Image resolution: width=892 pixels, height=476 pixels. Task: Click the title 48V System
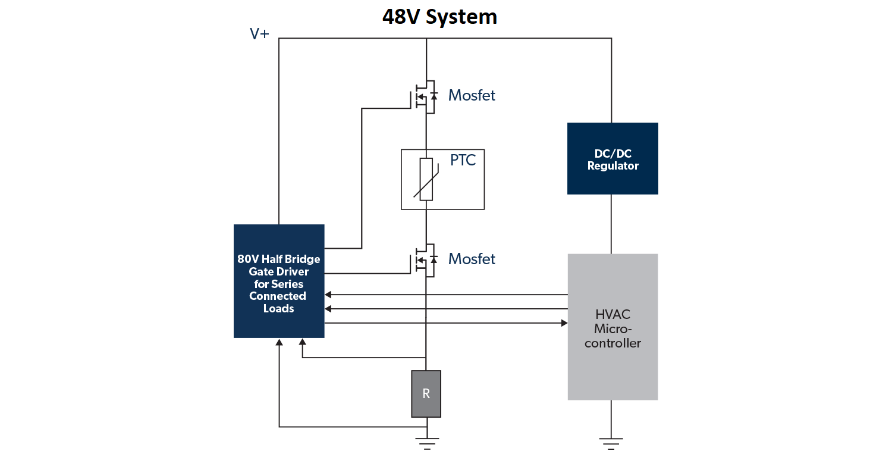(x=439, y=17)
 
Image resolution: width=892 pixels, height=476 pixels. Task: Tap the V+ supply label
(x=259, y=34)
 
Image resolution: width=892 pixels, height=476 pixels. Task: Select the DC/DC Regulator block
(x=613, y=158)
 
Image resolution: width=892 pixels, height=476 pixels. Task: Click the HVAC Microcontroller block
(x=613, y=327)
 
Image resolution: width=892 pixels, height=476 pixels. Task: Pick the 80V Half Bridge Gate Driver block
(x=279, y=281)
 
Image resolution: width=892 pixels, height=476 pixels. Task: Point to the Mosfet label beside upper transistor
(x=472, y=95)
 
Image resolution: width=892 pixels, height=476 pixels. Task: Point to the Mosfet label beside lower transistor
(x=472, y=259)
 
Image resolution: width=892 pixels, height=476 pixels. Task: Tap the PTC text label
(x=463, y=161)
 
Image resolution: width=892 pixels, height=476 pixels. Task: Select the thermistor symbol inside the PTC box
(x=426, y=180)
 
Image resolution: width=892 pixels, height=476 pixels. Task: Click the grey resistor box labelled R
(x=426, y=393)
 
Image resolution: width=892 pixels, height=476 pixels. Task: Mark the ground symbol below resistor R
(x=426, y=443)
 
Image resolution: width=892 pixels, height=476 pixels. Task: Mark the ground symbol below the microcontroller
(x=611, y=443)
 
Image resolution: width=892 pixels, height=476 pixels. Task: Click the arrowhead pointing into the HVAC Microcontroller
(x=564, y=323)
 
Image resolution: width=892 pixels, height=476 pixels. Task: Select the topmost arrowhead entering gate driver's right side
(x=328, y=295)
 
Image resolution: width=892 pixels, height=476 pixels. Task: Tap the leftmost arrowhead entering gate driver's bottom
(x=279, y=342)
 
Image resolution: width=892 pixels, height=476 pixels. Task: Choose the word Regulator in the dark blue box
(x=613, y=166)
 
